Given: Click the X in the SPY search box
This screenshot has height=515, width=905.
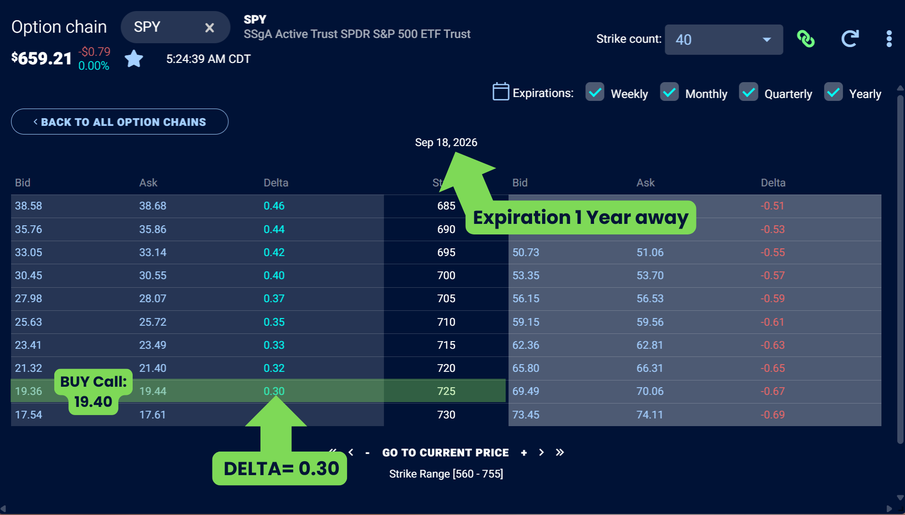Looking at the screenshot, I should coord(210,28).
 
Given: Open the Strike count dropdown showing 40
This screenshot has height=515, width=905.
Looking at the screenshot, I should coord(723,39).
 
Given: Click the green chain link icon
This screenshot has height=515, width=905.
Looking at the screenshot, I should coord(806,39).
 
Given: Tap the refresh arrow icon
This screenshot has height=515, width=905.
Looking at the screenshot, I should coord(850,39).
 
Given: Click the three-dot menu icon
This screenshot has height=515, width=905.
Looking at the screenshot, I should coord(889,39).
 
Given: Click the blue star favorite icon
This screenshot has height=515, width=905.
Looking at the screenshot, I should coord(134,59).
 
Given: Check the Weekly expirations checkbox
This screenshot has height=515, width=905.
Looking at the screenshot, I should coord(595,92).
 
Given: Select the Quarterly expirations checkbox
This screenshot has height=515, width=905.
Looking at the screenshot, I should coord(748,92).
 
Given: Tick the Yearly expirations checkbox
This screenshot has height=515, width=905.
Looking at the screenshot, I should coord(833,92).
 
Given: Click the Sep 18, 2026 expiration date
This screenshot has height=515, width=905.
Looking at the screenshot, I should coord(446,143).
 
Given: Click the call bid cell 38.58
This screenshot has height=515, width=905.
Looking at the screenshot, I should coord(28,206).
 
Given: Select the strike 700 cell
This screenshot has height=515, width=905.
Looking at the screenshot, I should coord(446,276).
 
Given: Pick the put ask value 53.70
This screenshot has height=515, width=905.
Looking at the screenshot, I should coord(650,276).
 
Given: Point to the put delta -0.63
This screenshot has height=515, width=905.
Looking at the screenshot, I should coord(772,345).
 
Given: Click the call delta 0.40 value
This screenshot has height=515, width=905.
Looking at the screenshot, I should coord(274,276).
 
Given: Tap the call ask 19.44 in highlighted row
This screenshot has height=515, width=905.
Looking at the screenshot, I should coord(153,392).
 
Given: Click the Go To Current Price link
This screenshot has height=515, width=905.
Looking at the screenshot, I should coord(445,453).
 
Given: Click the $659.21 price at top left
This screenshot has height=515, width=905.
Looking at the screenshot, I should coord(42,59).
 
